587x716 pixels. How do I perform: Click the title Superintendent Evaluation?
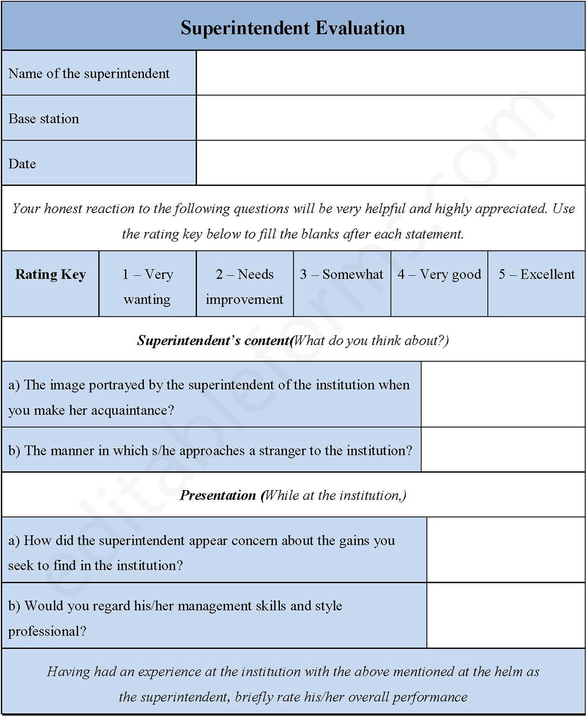[x=293, y=28]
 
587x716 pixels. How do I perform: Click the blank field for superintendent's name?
[x=391, y=73]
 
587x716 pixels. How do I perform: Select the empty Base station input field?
[x=391, y=118]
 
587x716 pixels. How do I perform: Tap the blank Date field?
[x=391, y=163]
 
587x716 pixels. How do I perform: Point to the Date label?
[x=22, y=164]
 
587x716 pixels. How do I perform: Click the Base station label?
[x=44, y=119]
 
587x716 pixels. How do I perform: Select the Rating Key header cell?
[x=50, y=275]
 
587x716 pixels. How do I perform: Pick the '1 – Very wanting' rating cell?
[x=147, y=286]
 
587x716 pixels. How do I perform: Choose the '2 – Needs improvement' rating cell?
[x=244, y=286]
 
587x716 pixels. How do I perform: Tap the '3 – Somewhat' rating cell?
[x=342, y=275]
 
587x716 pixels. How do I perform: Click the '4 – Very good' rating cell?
[x=439, y=275]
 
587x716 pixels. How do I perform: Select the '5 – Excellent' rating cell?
[x=537, y=275]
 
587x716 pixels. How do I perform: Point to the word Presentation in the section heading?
[x=218, y=496]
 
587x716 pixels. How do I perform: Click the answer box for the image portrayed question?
[x=503, y=394]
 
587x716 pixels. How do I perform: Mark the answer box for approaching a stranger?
[x=503, y=450]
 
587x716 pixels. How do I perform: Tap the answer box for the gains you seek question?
[x=506, y=550]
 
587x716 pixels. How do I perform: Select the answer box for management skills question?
[x=506, y=616]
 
